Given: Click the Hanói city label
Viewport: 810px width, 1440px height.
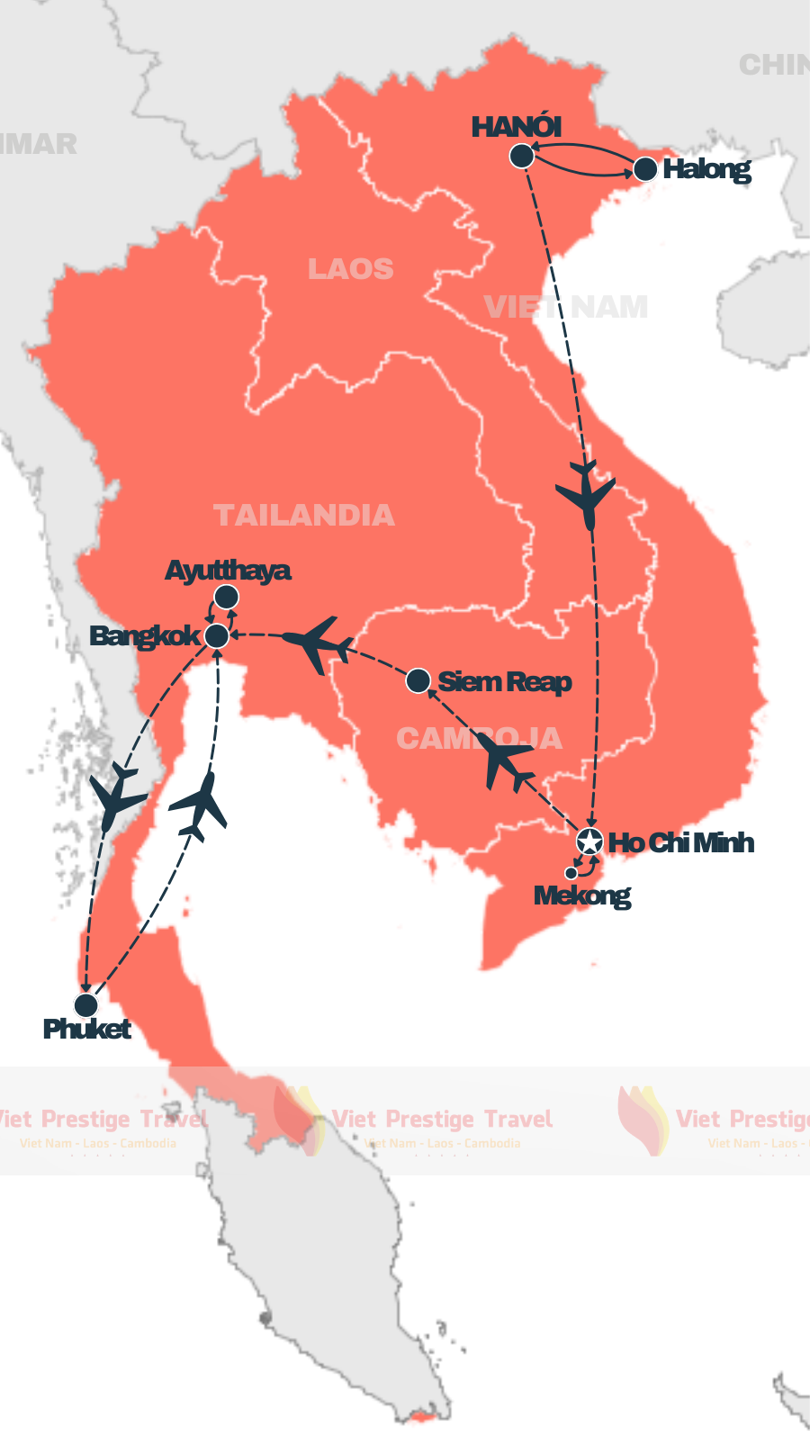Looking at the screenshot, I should [517, 127].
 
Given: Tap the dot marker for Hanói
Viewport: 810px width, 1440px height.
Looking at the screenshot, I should [522, 156].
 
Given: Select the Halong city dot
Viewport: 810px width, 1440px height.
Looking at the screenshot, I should [645, 168].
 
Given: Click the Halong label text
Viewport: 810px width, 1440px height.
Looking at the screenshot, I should [706, 169].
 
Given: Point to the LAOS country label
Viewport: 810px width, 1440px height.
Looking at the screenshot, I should [351, 268].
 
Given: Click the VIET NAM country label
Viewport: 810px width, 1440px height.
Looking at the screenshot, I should [566, 307].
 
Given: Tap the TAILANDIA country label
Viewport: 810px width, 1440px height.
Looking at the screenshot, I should [304, 515].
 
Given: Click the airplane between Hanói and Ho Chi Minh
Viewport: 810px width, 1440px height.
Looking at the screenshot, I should [586, 493].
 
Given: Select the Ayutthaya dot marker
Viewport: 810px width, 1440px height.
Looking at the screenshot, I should [226, 597].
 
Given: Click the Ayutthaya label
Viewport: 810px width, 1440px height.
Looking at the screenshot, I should [228, 571].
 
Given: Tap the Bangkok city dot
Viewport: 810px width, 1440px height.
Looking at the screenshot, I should [217, 636].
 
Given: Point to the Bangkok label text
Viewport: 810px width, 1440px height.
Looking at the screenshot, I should [145, 636].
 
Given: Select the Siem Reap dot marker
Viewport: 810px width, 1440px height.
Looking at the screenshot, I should [418, 680].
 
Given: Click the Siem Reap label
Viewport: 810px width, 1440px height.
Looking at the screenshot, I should [505, 681].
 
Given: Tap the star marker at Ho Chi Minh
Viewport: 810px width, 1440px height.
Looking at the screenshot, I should [589, 841].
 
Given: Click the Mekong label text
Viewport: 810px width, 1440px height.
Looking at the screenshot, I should [582, 896].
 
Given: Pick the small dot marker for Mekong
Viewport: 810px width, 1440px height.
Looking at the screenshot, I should [571, 873].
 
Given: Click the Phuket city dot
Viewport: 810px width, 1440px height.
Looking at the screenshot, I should [85, 1004].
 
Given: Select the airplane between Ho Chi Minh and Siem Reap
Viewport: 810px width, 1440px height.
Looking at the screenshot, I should [504, 761].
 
